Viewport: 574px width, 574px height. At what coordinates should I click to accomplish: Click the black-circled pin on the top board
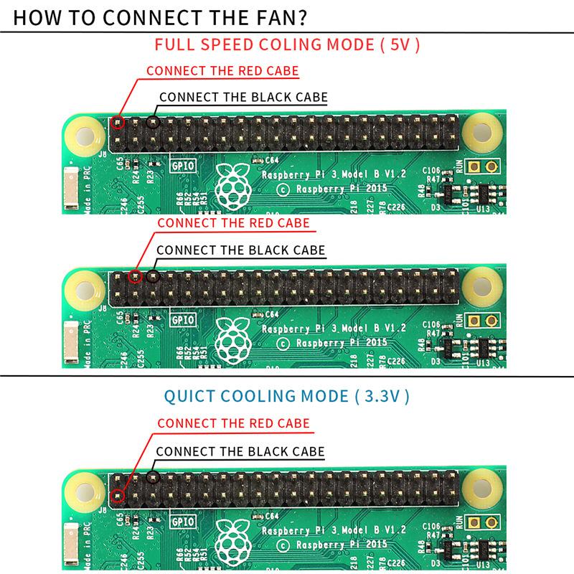[152, 122]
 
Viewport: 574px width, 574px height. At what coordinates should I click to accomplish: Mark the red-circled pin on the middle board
[135, 276]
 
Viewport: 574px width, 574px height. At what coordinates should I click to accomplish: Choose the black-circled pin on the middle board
[152, 276]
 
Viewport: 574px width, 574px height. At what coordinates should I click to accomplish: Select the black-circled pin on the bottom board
[152, 477]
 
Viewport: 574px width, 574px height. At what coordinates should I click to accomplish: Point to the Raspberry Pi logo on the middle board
[231, 337]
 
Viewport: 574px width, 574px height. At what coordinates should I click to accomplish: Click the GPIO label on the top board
[182, 166]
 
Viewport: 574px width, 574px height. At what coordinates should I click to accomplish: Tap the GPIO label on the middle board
[182, 320]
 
